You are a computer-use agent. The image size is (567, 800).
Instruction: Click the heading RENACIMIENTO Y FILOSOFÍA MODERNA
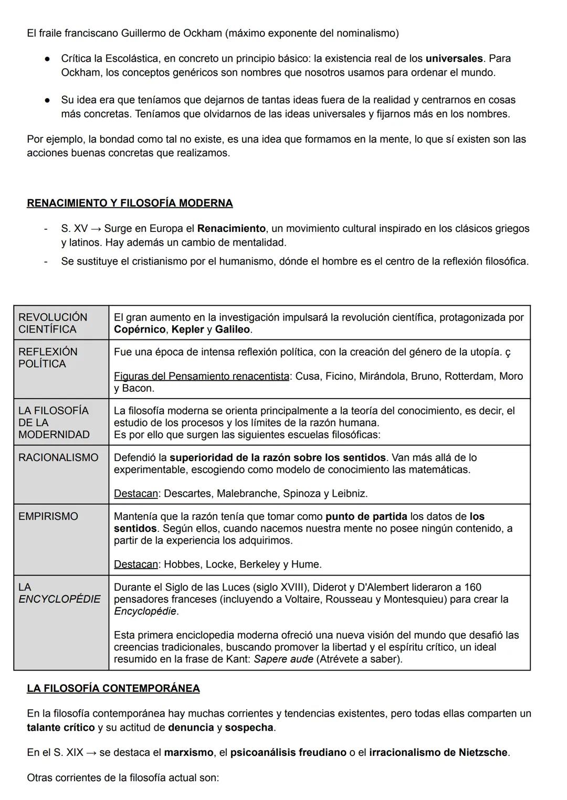coord(130,203)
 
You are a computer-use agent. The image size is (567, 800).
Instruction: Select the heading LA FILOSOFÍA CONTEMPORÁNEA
coord(113,688)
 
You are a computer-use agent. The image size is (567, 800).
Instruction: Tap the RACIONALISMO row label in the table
coord(58,457)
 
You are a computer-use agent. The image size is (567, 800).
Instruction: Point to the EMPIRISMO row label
coord(48,516)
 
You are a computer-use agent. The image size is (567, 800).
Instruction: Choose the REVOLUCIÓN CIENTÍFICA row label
coord(53,323)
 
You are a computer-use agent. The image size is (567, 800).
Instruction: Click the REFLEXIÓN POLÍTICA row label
coord(48,358)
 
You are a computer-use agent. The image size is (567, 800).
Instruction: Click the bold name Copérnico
coord(140,329)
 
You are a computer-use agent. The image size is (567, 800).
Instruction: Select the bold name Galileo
coord(233,329)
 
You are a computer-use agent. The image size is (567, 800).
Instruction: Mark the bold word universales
coord(454,58)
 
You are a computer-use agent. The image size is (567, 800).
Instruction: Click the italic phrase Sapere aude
coord(283,659)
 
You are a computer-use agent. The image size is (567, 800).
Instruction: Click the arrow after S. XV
coord(97,229)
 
